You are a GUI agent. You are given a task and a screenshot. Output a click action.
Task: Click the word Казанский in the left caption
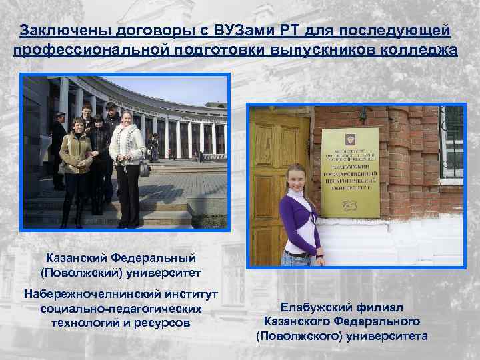pyautogui.click(x=77, y=257)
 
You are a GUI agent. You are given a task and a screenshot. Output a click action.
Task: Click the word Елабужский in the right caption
pyautogui.click(x=311, y=307)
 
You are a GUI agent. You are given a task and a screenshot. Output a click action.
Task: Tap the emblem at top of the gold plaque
pyautogui.click(x=351, y=141)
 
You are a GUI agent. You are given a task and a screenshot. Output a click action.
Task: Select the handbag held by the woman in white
pyautogui.click(x=143, y=166)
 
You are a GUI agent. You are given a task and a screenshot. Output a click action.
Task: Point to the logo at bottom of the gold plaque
pyautogui.click(x=351, y=207)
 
